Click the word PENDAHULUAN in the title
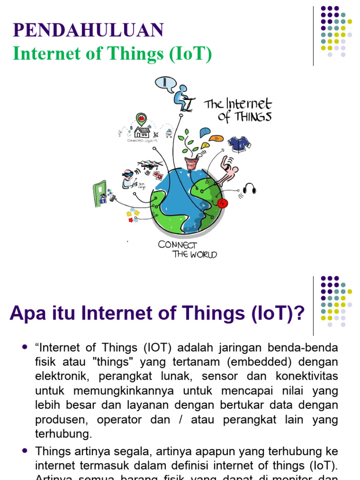pyautogui.click(x=89, y=30)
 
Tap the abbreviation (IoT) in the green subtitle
pyautogui.click(x=190, y=54)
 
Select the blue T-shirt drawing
pyautogui.click(x=239, y=143)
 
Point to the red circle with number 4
pyautogui.click(x=222, y=203)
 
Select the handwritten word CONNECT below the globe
pyautogui.click(x=177, y=245)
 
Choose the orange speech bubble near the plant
pyautogui.click(x=216, y=138)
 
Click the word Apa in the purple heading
pyautogui.click(x=28, y=313)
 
